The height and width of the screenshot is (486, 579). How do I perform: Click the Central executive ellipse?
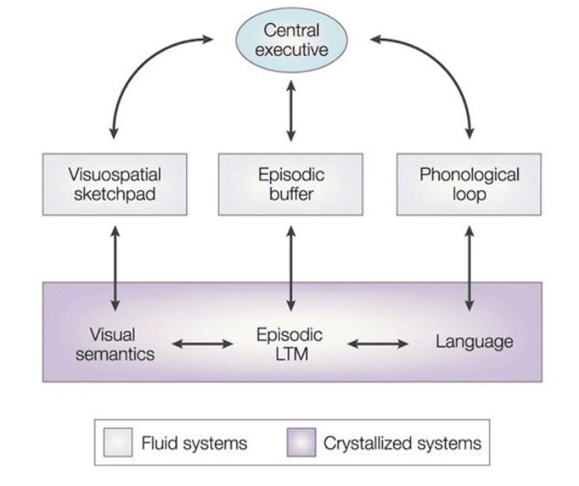[292, 40]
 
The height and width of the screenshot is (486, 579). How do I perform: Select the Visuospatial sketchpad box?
[114, 185]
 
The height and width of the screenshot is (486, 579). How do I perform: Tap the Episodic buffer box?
[291, 185]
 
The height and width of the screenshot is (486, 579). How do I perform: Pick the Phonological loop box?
[469, 185]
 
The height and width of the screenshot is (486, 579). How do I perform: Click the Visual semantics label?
[114, 344]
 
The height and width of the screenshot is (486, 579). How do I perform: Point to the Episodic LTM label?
[290, 344]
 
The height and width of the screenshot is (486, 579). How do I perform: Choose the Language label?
[474, 342]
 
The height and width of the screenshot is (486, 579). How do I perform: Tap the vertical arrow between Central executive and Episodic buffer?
[291, 110]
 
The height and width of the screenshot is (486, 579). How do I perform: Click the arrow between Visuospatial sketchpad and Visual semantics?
[115, 269]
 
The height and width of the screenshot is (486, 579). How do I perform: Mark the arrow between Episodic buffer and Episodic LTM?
[291, 269]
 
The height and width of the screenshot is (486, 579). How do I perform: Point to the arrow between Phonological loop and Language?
[469, 269]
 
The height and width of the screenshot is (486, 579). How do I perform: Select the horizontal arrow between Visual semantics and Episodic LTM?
[203, 344]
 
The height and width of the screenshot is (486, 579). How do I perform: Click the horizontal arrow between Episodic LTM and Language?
[378, 344]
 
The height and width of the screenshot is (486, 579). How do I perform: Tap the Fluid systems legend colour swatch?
[118, 442]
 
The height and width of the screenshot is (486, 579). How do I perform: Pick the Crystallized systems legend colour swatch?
[301, 442]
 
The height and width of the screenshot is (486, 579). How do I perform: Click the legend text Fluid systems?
[194, 443]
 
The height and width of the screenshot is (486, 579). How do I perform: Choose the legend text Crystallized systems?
[403, 443]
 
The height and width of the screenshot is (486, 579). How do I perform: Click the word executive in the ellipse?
[292, 50]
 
